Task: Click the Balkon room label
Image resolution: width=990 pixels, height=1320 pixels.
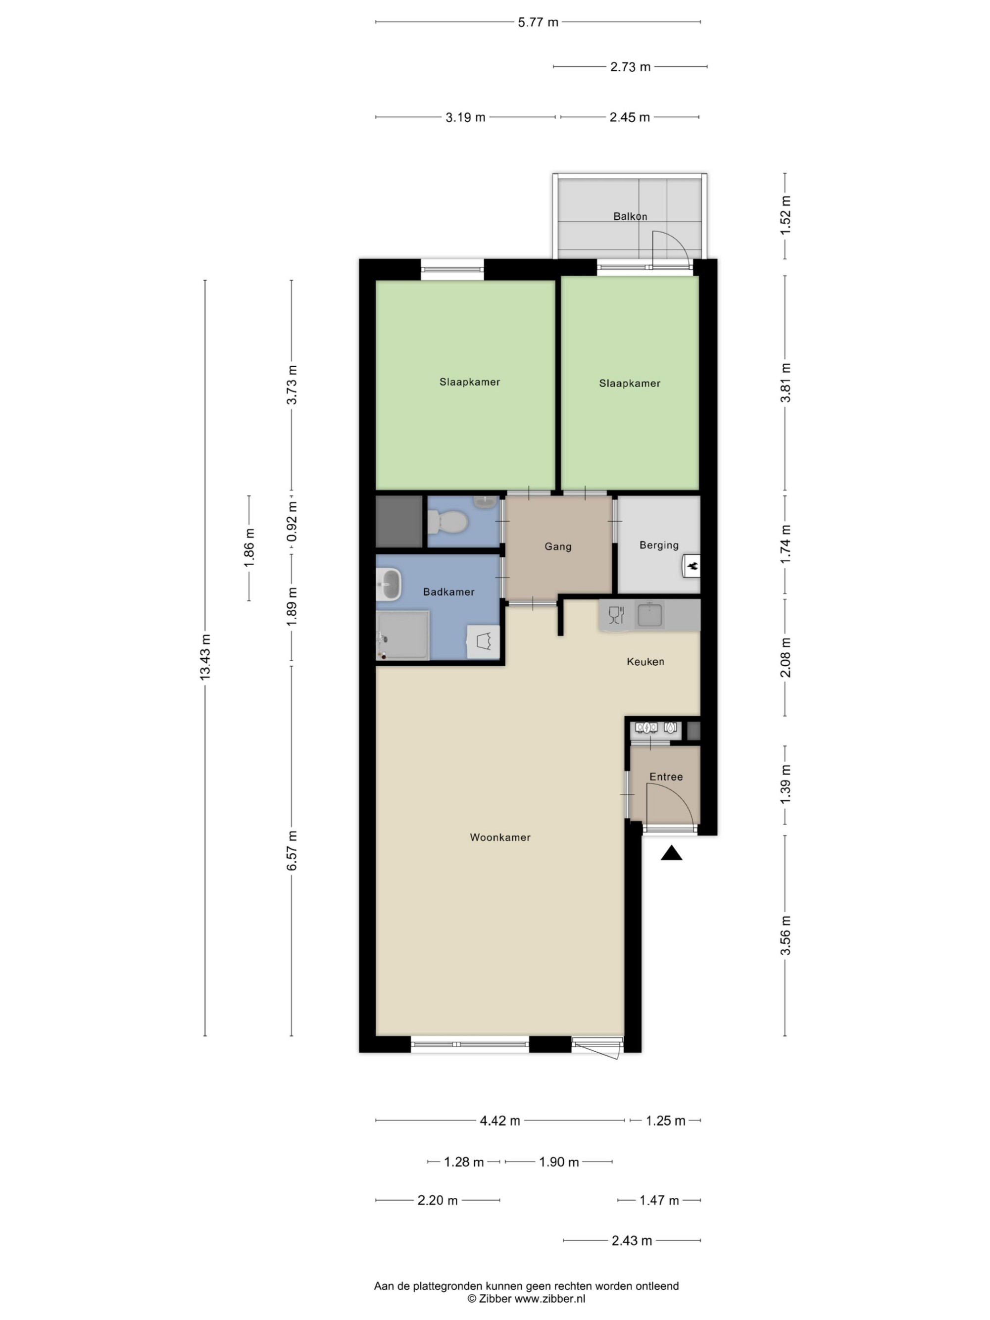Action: click(630, 216)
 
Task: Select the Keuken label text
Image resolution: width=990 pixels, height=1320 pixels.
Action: click(645, 661)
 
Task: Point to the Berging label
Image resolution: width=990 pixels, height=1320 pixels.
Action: click(658, 545)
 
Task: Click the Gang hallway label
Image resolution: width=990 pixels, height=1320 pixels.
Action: click(557, 546)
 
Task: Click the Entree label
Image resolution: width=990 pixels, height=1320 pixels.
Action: click(665, 777)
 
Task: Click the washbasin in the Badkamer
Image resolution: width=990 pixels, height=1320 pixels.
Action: click(389, 584)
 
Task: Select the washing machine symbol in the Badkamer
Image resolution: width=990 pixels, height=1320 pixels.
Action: click(483, 641)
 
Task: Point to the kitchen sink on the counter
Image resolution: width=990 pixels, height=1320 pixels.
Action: click(649, 615)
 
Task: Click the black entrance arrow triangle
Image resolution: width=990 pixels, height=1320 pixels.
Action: click(671, 853)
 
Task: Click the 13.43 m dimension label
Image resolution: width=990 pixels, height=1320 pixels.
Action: click(205, 657)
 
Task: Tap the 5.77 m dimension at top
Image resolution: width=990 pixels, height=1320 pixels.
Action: click(538, 22)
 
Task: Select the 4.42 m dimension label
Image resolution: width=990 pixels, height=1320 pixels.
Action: click(499, 1121)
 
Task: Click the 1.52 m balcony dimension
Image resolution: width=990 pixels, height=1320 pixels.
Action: click(785, 215)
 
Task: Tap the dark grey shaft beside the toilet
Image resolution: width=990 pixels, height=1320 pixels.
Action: click(398, 522)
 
